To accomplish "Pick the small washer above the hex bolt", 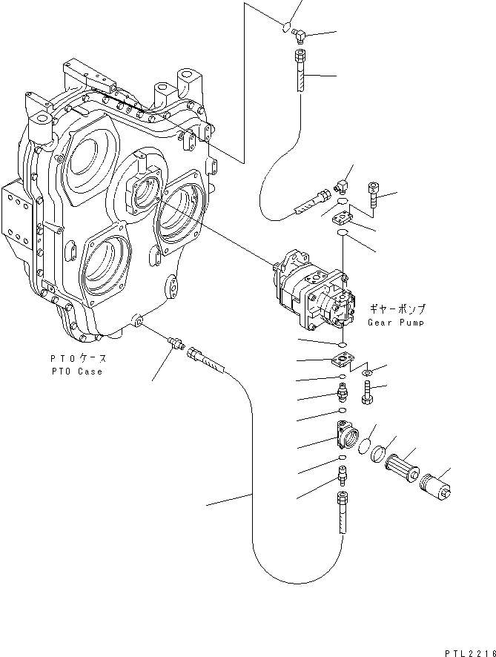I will pos(369,371).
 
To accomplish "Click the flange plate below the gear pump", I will pos(342,361).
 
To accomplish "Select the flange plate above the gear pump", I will pos(343,217).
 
